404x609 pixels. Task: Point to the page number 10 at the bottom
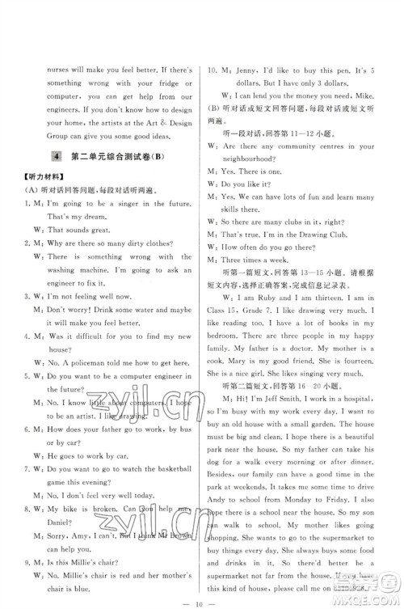[202, 596]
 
